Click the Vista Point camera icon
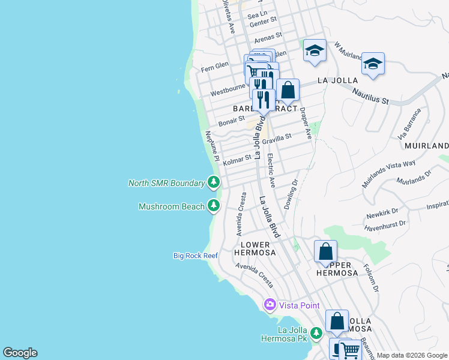(x=270, y=305)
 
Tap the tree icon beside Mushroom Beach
(x=214, y=206)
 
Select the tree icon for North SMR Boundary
(x=214, y=182)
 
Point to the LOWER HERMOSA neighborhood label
(x=258, y=248)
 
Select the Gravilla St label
(x=277, y=138)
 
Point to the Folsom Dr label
(x=370, y=280)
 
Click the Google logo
(x=20, y=353)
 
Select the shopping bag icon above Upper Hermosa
(x=325, y=251)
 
